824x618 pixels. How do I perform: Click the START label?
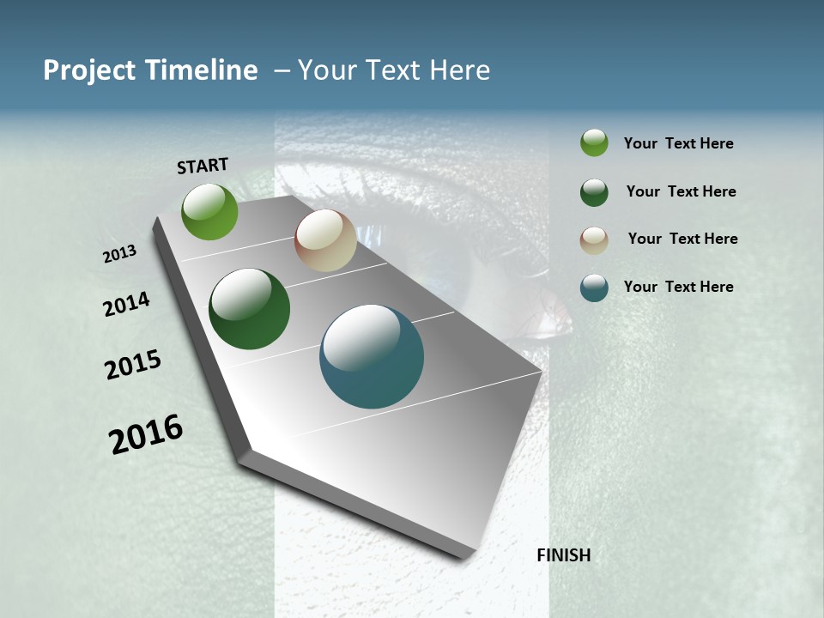[203, 166]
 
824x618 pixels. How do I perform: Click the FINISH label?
[563, 555]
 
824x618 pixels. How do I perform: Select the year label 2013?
[120, 254]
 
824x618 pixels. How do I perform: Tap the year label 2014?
[126, 304]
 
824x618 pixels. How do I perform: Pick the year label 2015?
[133, 365]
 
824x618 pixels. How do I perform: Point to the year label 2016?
[146, 434]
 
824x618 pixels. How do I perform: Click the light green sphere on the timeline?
[209, 211]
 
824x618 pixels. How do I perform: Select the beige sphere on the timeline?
[325, 240]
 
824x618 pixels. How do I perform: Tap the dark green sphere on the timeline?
[249, 309]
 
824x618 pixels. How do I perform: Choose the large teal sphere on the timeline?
[372, 356]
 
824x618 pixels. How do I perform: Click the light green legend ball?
[594, 142]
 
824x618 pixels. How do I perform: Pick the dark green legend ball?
[594, 192]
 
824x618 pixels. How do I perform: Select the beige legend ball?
[594, 240]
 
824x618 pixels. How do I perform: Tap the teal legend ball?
[594, 288]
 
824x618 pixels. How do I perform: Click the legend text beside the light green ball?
[678, 143]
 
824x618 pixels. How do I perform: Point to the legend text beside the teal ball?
[678, 287]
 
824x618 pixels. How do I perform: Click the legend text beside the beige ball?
[682, 239]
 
